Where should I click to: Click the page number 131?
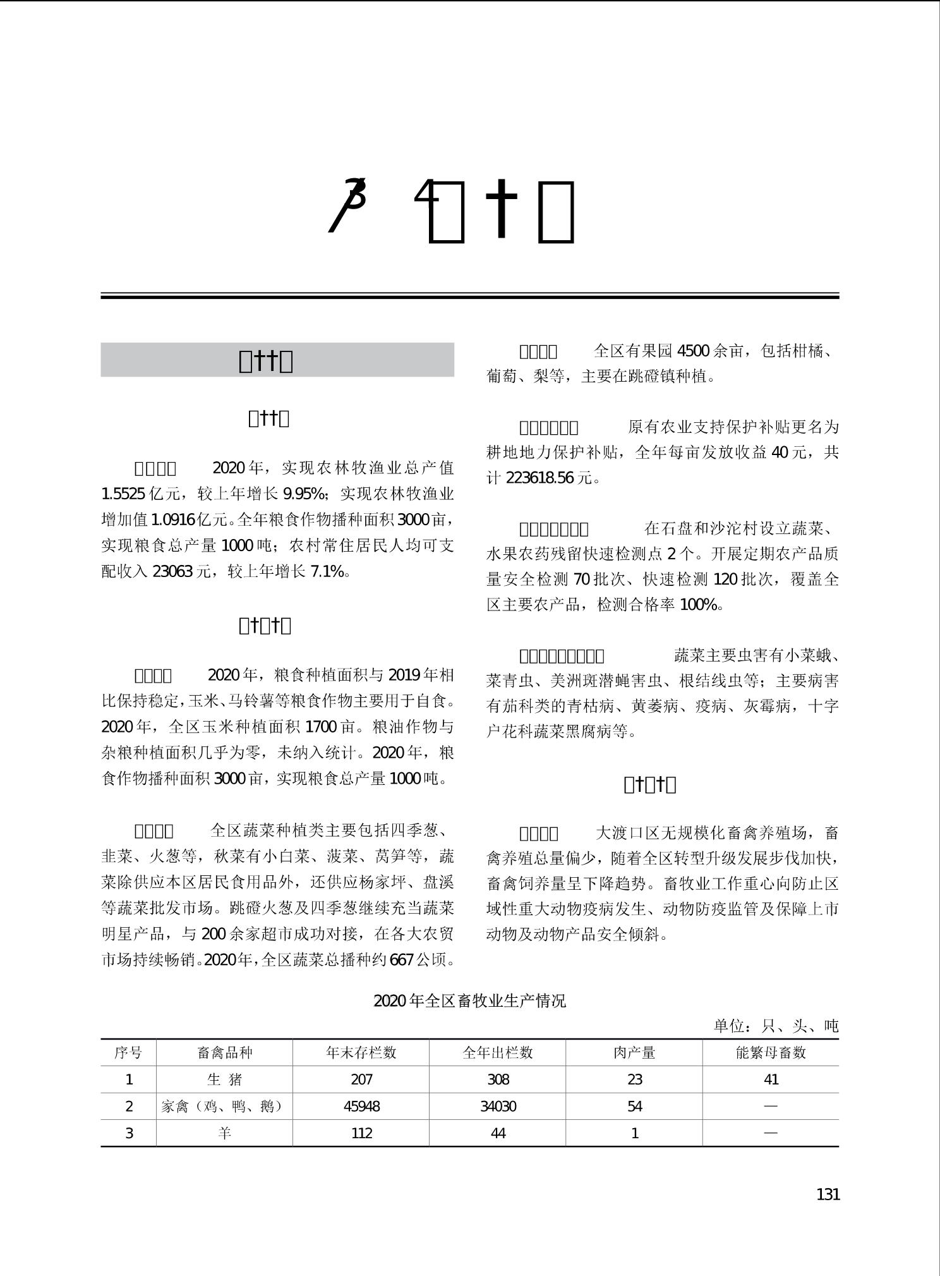coord(828,1194)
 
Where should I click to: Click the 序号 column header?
coord(128,1053)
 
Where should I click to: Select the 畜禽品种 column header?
coord(225,1053)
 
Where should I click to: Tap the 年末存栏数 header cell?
coord(361,1053)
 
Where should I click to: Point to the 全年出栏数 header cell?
coord(498,1053)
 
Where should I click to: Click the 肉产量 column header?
coord(634,1053)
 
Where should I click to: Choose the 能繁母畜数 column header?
coord(771,1053)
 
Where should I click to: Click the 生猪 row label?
coord(225,1079)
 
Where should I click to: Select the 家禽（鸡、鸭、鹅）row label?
coord(225,1107)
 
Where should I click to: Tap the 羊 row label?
coord(225,1133)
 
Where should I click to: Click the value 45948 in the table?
coord(361,1107)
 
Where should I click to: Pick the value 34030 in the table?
coord(498,1107)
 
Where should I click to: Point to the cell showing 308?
coord(498,1079)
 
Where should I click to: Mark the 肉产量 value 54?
coord(634,1107)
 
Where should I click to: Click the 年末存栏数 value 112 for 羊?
coord(361,1133)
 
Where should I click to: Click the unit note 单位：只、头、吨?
coord(776,1026)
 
